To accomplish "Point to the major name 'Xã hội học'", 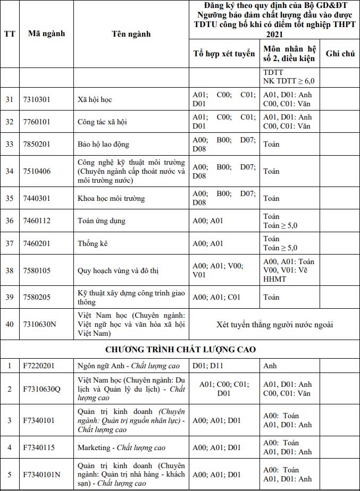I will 95,99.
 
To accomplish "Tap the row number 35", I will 10,198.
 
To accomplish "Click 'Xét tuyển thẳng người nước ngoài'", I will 274,324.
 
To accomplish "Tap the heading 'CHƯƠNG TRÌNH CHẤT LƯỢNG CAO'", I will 180,349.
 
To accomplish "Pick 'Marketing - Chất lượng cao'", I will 121,447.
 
